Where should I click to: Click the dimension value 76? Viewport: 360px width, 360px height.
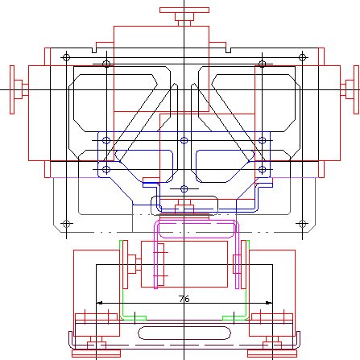[x=184, y=299]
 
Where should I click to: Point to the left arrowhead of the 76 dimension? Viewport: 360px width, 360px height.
[x=99, y=303]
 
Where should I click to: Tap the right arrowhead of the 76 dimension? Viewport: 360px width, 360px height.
[x=269, y=303]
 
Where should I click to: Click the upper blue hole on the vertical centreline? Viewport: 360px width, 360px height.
[x=184, y=140]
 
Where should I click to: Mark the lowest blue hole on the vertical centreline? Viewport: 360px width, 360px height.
[x=184, y=189]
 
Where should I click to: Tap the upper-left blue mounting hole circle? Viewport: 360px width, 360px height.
[x=106, y=140]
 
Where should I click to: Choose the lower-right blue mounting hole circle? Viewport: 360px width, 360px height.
[x=262, y=169]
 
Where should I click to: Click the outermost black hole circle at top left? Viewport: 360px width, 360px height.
[x=66, y=57]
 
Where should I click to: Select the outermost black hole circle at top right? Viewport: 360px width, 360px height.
[x=302, y=57]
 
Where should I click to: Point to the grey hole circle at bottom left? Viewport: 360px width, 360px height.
[x=66, y=223]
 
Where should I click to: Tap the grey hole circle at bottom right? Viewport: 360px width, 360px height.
[x=302, y=223]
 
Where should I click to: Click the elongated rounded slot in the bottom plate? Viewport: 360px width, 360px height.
[x=184, y=333]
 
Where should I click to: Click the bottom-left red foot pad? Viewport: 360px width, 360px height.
[x=96, y=353]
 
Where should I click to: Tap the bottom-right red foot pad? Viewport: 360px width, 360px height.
[x=271, y=353]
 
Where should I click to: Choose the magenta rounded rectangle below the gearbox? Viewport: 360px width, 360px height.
[x=197, y=238]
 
